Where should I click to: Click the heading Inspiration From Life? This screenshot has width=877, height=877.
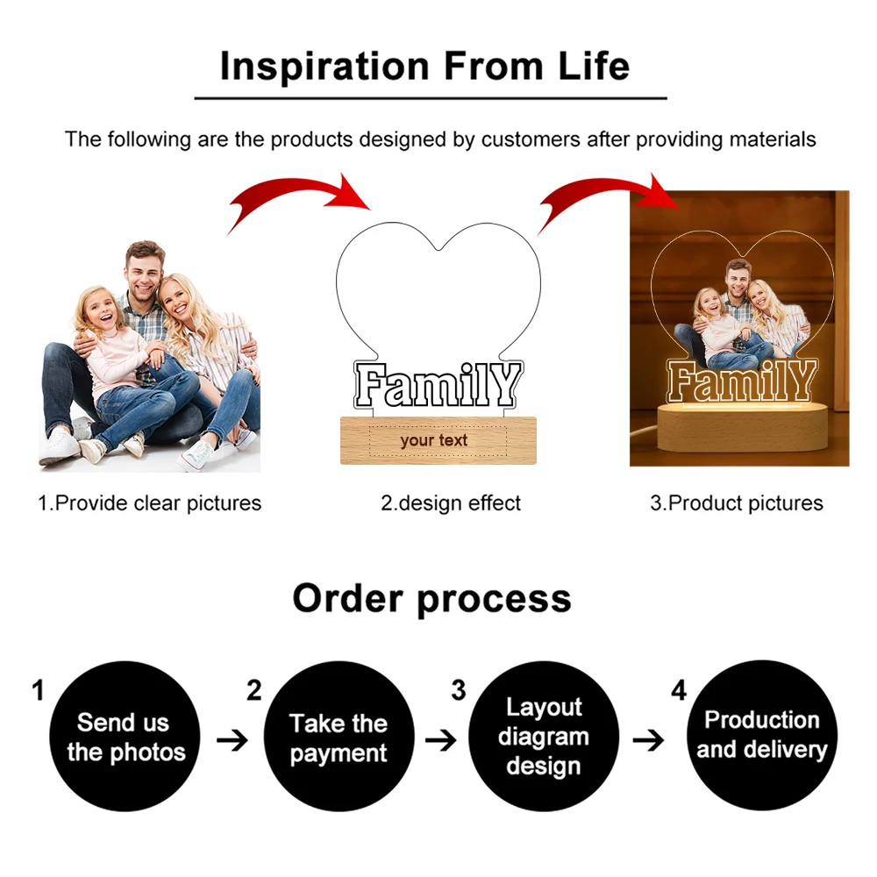(x=424, y=67)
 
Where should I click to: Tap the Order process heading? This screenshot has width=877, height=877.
(x=431, y=599)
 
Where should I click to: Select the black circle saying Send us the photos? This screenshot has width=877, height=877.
(x=125, y=737)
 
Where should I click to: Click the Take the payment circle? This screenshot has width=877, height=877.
(x=339, y=737)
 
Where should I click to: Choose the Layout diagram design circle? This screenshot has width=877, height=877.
(x=544, y=737)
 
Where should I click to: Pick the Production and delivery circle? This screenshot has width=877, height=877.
(x=762, y=735)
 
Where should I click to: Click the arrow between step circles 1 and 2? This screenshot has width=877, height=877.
(x=232, y=741)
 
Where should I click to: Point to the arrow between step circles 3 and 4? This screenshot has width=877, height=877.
(x=648, y=741)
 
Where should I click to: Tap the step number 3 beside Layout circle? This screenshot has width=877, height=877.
(x=458, y=690)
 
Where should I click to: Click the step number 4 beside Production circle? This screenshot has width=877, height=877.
(x=679, y=690)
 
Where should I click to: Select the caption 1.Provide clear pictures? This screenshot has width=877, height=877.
(x=149, y=503)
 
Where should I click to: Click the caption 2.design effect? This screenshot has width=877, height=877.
(x=451, y=503)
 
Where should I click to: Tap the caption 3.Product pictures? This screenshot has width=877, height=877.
(x=737, y=503)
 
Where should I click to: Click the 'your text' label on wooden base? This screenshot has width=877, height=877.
(x=434, y=440)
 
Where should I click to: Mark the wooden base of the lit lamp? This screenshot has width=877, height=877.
(x=740, y=434)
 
